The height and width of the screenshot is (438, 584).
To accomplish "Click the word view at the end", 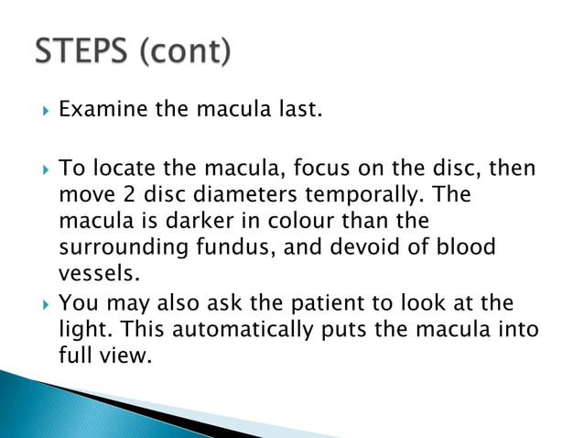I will [124, 356].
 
